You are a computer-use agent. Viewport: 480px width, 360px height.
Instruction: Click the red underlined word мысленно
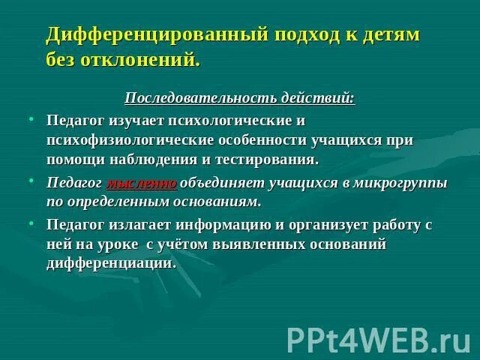[142, 182]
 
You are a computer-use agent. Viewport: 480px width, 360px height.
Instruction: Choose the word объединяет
[216, 182]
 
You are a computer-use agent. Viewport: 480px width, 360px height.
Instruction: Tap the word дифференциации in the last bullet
[111, 263]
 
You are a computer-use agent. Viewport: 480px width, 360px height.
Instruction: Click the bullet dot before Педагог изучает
[32, 118]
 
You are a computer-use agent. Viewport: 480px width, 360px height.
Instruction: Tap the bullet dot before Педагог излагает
[32, 223]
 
